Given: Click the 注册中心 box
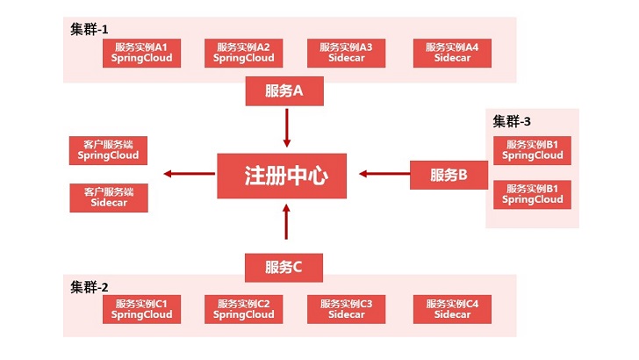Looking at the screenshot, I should tap(286, 174).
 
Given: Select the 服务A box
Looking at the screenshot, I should tap(284, 90).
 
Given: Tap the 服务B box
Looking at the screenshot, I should tap(449, 174).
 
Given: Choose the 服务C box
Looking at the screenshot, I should tap(284, 267).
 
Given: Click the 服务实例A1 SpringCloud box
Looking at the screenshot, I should tap(142, 53).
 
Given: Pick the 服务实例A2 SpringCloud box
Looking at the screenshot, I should tap(244, 53).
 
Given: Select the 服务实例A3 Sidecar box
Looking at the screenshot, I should tap(346, 53).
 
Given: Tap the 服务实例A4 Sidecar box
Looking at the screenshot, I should tap(452, 53).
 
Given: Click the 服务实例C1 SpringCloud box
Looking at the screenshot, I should tap(142, 309).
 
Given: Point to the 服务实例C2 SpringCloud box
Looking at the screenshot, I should tap(244, 309).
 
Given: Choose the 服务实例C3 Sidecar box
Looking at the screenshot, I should tap(346, 309).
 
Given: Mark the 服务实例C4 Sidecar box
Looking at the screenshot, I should tap(452, 309).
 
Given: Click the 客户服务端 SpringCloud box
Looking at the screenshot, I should tap(109, 149).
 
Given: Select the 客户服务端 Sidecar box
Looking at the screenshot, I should tap(109, 198).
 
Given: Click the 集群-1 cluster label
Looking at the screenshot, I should tap(90, 29).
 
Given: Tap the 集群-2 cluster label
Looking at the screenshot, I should tap(90, 286).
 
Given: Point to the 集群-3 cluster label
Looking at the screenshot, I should tap(511, 121).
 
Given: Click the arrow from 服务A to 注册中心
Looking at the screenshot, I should tap(286, 126).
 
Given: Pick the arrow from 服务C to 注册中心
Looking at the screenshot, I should tap(286, 221).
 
